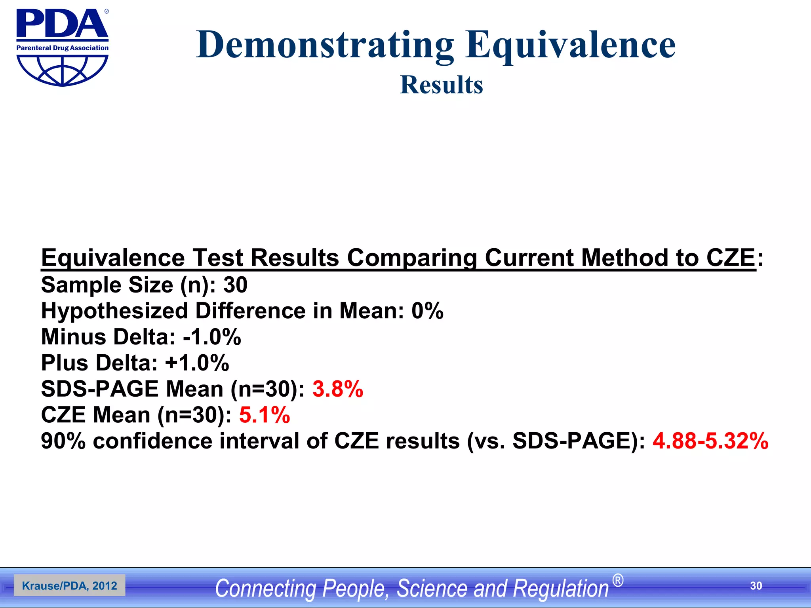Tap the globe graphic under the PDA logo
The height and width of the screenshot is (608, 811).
62,70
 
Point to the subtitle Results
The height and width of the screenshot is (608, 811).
442,85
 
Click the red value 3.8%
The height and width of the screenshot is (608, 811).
338,389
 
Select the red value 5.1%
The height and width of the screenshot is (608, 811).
265,415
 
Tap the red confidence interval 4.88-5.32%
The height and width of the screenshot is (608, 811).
710,441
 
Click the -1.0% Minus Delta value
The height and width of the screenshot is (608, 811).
212,337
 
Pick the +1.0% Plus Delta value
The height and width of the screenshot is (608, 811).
197,363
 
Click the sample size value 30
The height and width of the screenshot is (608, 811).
235,285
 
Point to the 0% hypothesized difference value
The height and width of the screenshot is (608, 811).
427,311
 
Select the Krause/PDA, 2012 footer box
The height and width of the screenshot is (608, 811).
70,585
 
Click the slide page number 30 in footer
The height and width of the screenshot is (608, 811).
756,586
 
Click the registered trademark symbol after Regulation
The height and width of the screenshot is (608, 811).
617,581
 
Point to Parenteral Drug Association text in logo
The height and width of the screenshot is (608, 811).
62,48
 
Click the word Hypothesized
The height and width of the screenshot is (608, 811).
114,311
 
